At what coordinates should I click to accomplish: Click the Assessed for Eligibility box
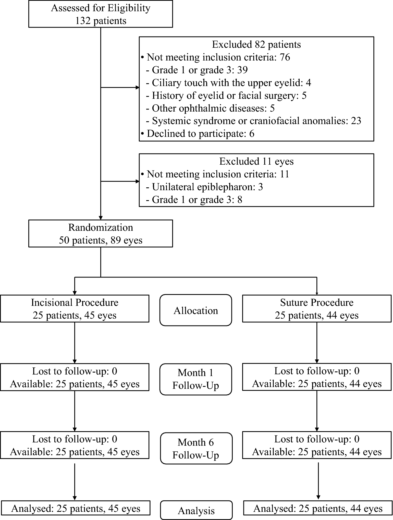coord(101,14)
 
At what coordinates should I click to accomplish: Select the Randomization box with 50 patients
coord(101,234)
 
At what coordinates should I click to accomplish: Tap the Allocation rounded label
coord(196,310)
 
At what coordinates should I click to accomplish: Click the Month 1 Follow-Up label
coord(196,379)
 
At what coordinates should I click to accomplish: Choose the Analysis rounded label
coord(196,511)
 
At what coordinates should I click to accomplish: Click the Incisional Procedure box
coord(75,309)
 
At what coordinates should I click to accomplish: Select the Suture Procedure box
coord(316,309)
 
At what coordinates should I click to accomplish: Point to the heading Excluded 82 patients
coord(256,44)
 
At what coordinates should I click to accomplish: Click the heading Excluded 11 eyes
coord(256,161)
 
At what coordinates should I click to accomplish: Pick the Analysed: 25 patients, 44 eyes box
coord(318,509)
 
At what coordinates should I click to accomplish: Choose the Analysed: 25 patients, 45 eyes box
coord(76,509)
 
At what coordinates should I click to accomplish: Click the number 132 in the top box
coord(83,21)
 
